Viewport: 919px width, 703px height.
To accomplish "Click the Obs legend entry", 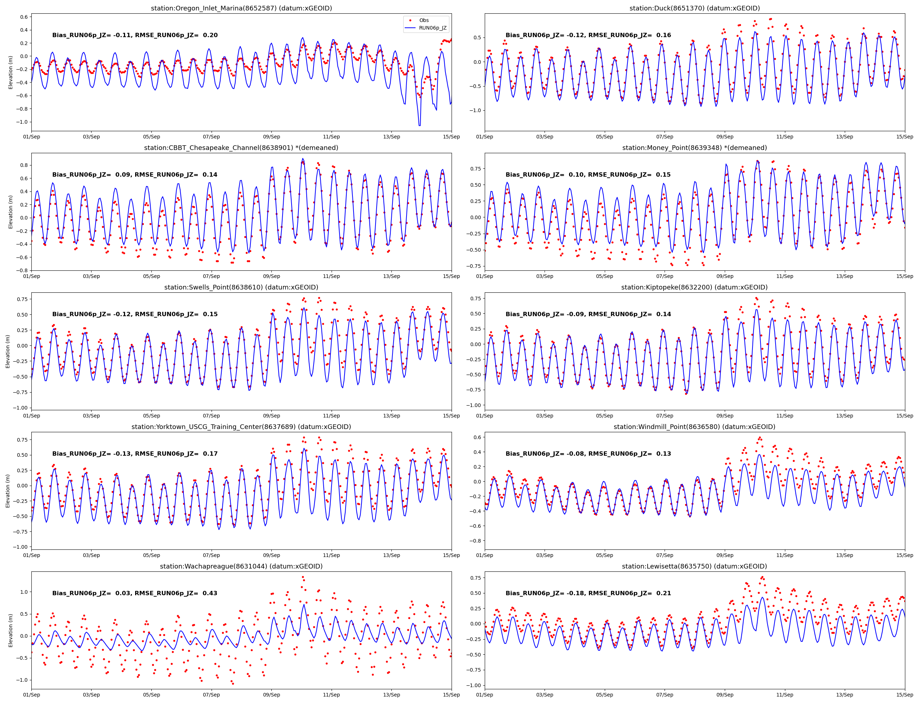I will [x=424, y=20].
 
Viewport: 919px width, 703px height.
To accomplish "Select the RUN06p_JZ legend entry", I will [x=432, y=28].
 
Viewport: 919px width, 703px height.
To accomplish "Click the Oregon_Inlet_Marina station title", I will [x=241, y=8].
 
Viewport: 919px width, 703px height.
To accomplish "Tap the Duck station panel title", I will [x=694, y=8].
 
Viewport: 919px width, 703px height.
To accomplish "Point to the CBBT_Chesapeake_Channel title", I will [x=241, y=148].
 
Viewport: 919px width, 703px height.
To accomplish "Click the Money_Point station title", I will [x=694, y=148].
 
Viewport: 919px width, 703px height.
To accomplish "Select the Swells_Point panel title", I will [x=241, y=287].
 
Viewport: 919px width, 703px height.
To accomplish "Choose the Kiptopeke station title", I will [x=694, y=287].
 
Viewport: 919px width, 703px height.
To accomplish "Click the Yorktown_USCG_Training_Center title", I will [x=241, y=427].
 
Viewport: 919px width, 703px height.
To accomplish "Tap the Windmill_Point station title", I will [x=694, y=427].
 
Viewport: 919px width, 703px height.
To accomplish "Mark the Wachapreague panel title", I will [x=241, y=566].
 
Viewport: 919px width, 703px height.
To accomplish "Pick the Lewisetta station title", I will [x=694, y=566].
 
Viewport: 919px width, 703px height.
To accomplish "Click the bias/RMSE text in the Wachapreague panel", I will [x=135, y=593].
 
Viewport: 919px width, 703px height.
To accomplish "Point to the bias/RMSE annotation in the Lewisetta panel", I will [x=588, y=593].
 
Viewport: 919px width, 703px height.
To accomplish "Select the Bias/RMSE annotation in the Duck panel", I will [x=588, y=35].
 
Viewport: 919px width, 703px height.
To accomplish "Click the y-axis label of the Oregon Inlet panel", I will [x=11, y=72].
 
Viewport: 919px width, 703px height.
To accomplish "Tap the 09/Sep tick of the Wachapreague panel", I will [x=271, y=695].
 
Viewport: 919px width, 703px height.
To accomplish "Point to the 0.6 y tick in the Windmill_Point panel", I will [x=477, y=437].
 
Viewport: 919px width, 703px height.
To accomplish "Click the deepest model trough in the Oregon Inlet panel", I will [x=419, y=125].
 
